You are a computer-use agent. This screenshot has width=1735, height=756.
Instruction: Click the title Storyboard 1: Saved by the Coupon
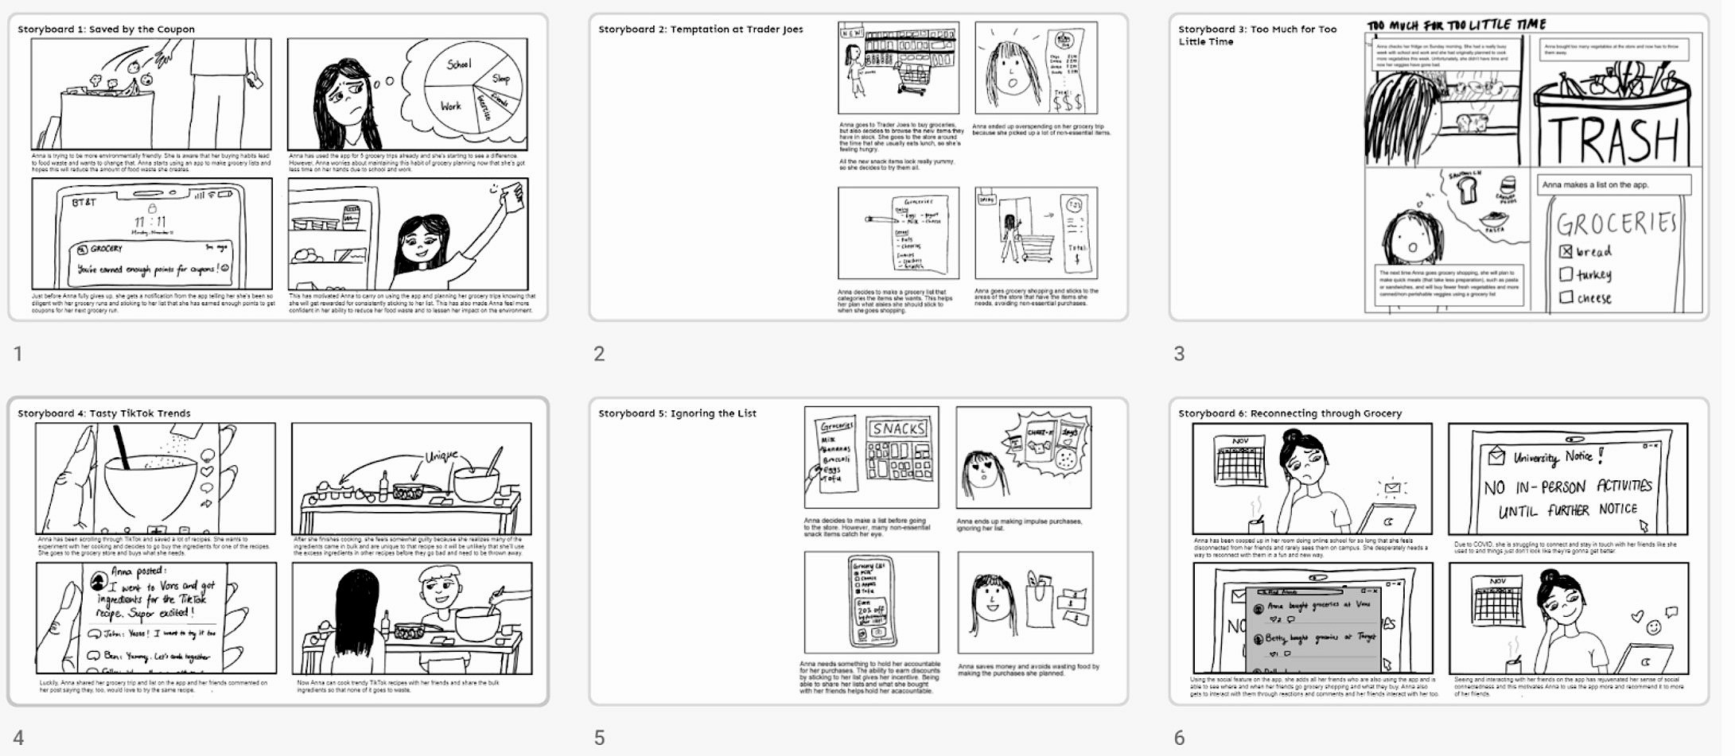(x=106, y=29)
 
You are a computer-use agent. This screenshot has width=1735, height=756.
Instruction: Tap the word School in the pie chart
(x=459, y=64)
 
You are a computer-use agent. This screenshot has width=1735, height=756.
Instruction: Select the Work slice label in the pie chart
(x=450, y=105)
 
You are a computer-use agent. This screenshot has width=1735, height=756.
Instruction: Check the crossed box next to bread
(x=1566, y=251)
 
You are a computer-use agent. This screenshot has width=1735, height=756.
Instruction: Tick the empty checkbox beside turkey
(x=1566, y=274)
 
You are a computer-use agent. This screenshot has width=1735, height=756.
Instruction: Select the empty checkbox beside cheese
(x=1566, y=297)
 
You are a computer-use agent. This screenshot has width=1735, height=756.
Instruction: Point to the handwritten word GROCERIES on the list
(x=1616, y=223)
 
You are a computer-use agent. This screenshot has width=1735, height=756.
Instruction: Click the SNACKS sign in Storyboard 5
(x=899, y=429)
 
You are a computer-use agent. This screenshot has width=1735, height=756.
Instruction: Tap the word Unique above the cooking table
(x=442, y=456)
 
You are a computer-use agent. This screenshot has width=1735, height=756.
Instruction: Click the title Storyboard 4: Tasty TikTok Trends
(x=104, y=413)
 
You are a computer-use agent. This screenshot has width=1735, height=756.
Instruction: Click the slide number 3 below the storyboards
(x=1179, y=354)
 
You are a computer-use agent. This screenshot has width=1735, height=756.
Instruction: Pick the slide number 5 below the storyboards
(x=599, y=738)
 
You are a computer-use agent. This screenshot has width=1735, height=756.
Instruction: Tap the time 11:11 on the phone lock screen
(x=150, y=222)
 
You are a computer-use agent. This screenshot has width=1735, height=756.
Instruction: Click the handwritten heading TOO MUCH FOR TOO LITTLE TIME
(x=1457, y=25)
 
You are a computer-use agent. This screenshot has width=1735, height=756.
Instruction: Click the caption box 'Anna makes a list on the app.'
(x=1612, y=184)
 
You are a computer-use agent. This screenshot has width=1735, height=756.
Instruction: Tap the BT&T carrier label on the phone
(x=84, y=203)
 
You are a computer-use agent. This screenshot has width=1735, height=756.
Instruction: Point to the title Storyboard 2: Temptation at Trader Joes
(x=700, y=29)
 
